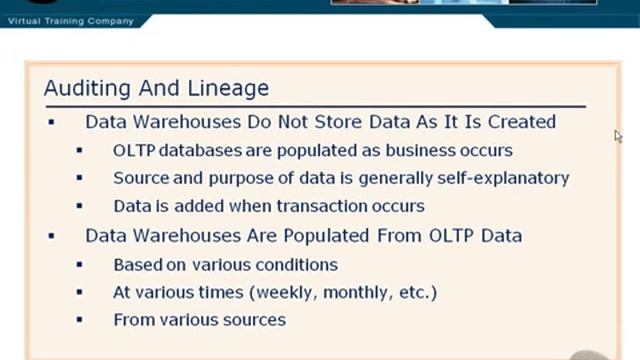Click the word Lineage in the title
pos(231,88)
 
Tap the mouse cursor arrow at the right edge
pos(618,136)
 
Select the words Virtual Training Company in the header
pos(70,21)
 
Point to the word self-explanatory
pos(505,178)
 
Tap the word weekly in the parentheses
pos(288,293)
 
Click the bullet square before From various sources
pos(79,320)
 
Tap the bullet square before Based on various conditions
pos(79,265)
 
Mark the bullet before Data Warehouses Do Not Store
pos(51,122)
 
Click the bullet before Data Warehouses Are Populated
pos(51,236)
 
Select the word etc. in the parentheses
pos(413,293)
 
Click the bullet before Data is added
pos(79,206)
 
